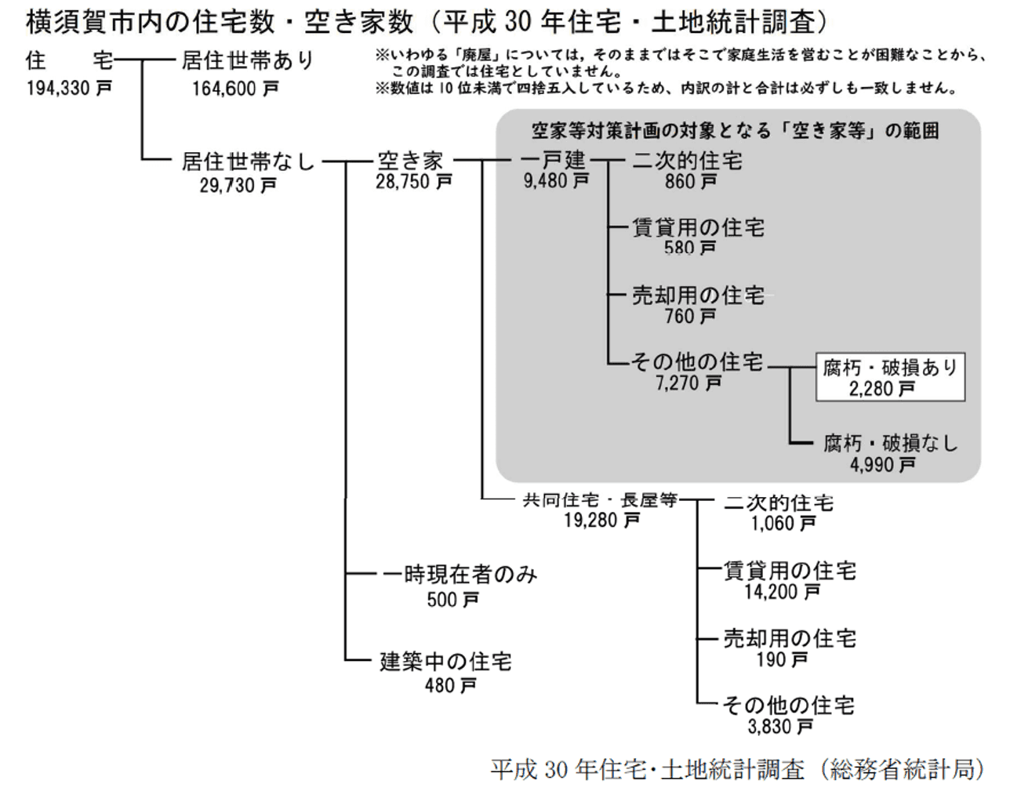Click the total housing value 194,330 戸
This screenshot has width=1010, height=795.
pos(69,88)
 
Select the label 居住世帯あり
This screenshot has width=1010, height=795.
pos(248,60)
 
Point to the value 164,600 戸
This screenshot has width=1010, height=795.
pos(235,89)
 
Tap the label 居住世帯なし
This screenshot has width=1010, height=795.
pos(248,162)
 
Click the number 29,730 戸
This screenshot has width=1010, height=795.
pos(238,185)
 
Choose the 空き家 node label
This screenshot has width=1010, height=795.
pos(410,162)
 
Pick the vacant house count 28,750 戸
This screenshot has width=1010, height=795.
pos(414,182)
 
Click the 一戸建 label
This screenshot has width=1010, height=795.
pos(554,161)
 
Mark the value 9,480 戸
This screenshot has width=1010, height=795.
pos(557,180)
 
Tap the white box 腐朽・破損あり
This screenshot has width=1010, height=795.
pos(890,377)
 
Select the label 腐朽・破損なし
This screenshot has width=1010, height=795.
pos(890,444)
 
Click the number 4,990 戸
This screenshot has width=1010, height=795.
pos(883,465)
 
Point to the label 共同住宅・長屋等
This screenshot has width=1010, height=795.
pos(600,501)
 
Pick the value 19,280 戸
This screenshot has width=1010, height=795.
pos(602,520)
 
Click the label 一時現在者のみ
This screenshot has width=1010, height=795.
pos(460,575)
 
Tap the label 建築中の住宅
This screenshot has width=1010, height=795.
pos(446,662)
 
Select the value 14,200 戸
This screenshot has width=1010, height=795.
pos(783,592)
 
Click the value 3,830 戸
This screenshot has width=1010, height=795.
pos(780,727)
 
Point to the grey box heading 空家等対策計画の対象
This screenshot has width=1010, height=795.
pos(736,131)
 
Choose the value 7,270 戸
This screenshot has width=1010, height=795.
pos(688,383)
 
